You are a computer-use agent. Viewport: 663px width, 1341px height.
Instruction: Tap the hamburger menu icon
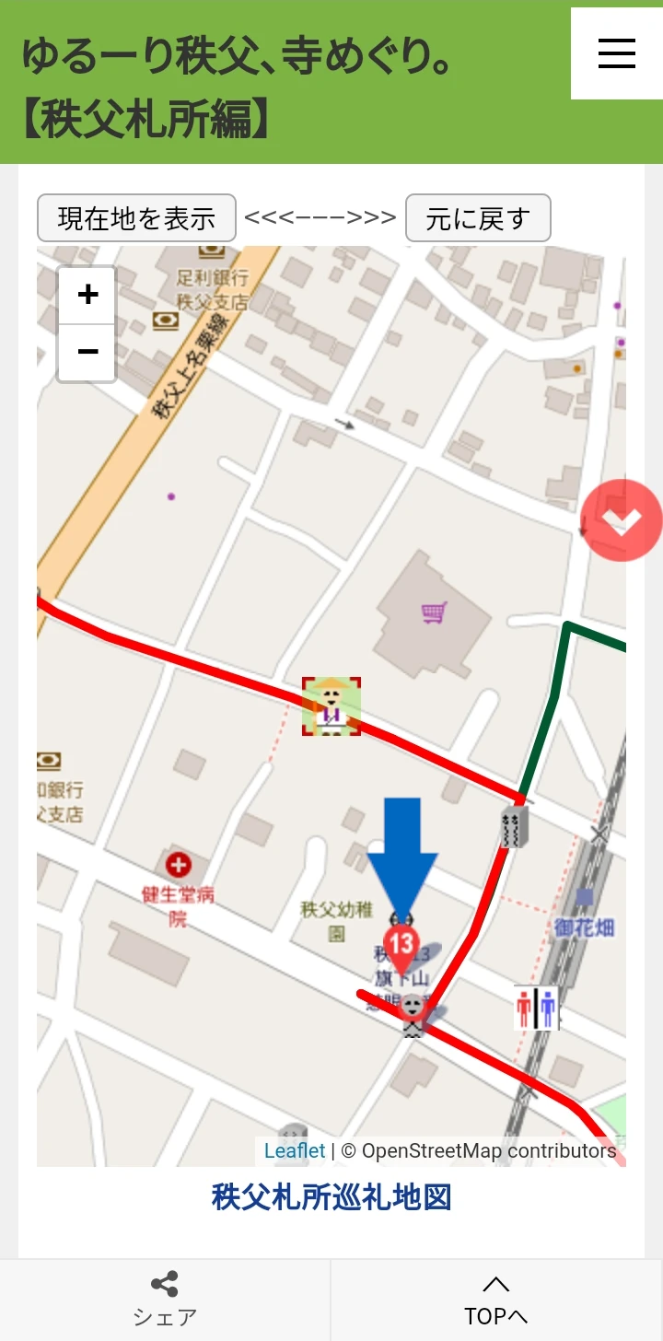click(616, 53)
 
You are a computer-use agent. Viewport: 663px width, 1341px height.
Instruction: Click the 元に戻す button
click(478, 218)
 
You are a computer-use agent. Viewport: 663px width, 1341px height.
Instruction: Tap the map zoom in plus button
click(87, 296)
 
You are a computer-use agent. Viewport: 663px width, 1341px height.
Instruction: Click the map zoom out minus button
click(87, 352)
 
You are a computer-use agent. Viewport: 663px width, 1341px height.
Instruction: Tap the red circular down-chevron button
click(622, 520)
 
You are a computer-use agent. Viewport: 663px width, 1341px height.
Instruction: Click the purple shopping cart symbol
click(434, 612)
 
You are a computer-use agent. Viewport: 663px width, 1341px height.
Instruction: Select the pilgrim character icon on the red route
click(331, 706)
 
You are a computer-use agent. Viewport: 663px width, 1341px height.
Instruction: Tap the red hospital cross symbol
click(178, 865)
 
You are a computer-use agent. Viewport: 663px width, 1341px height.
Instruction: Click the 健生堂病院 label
click(178, 904)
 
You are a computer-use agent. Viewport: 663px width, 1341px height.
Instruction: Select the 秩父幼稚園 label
click(336, 920)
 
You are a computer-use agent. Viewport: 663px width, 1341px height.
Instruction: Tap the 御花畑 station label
click(584, 927)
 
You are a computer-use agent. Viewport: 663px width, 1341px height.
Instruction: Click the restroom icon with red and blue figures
click(536, 1008)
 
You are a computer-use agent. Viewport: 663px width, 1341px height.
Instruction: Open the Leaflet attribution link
click(295, 1150)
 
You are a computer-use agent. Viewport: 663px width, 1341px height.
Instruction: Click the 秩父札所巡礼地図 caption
click(331, 1197)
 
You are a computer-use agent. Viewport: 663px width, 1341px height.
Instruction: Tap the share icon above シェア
click(165, 1284)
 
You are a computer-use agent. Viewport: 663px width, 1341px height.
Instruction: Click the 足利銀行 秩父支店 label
click(213, 288)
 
